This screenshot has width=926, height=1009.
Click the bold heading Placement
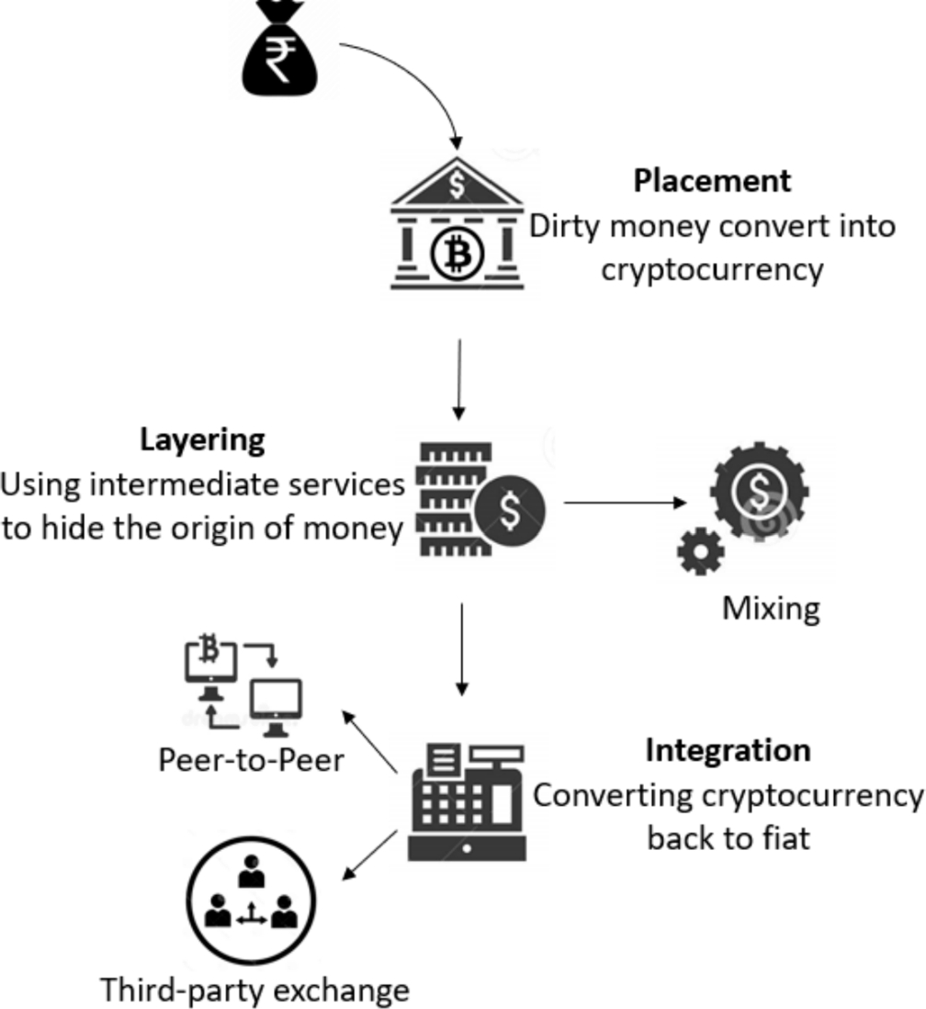[x=711, y=180]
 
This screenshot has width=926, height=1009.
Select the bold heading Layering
[x=202, y=439]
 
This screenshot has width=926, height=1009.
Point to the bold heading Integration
[x=728, y=750]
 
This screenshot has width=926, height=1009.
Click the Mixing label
[x=770, y=608]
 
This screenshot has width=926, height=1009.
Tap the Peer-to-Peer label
[x=251, y=760]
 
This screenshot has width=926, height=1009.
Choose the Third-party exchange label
[x=254, y=990]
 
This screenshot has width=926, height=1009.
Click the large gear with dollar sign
[x=759, y=493]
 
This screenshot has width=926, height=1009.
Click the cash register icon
[x=467, y=801]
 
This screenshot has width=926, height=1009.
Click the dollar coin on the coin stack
[x=510, y=512]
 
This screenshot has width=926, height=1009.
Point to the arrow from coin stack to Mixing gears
[x=625, y=503]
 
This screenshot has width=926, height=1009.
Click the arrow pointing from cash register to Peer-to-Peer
[x=369, y=741]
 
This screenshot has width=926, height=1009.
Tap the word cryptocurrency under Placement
[x=711, y=270]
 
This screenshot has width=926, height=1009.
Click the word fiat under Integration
[x=788, y=838]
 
